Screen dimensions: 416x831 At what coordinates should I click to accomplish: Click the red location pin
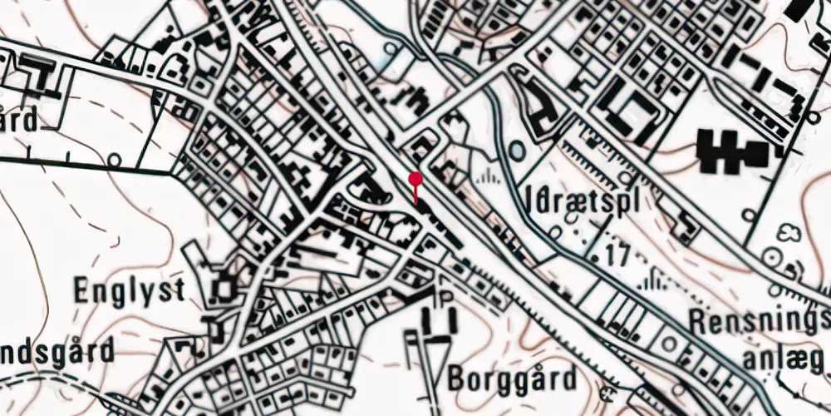tap(415, 179)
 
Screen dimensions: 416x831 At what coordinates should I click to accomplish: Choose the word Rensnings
tap(761, 319)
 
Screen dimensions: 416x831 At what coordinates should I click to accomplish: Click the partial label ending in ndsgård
tap(56, 351)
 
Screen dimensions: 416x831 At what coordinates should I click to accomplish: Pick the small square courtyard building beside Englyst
tap(225, 290)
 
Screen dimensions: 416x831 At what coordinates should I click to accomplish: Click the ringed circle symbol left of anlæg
tap(669, 343)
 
